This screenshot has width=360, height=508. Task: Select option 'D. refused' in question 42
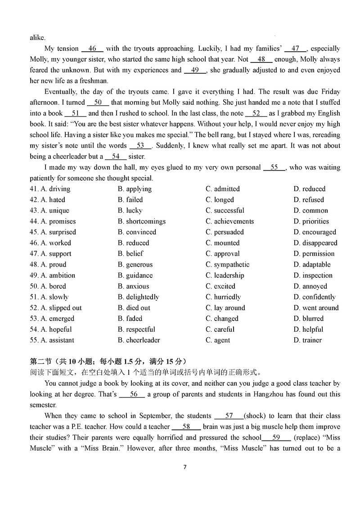tap(309, 200)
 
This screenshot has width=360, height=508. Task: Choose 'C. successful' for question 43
tap(225, 210)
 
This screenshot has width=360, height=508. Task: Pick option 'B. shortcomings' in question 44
tap(142, 221)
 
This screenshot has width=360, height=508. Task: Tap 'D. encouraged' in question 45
tap(315, 232)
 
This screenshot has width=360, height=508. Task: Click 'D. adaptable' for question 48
tap(312, 264)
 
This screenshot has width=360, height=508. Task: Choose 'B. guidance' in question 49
tap(135, 275)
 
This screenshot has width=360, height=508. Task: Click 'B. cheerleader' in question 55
tap(139, 340)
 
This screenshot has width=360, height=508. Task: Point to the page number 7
tap(184, 467)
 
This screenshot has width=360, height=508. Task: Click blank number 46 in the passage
tap(92, 49)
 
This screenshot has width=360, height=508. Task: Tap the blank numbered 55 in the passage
tap(274, 167)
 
